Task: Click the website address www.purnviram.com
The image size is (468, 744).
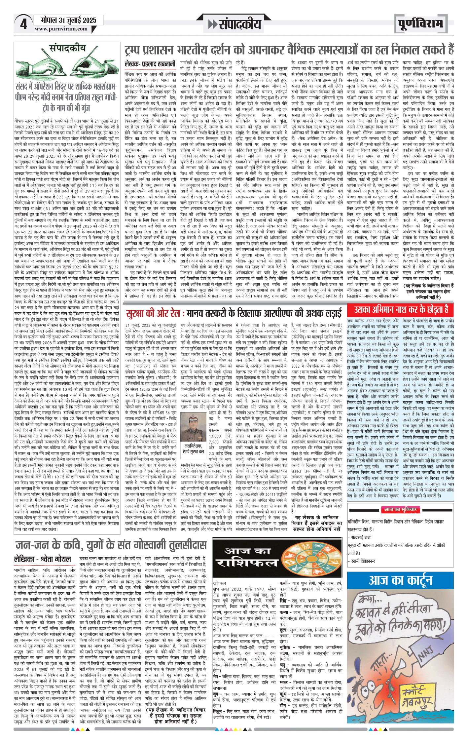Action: click(x=61, y=29)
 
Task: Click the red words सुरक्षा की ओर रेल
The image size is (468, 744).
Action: click(x=153, y=313)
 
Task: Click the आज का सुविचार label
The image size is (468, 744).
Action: click(x=400, y=509)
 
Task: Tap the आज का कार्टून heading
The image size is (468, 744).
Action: click(x=400, y=580)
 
